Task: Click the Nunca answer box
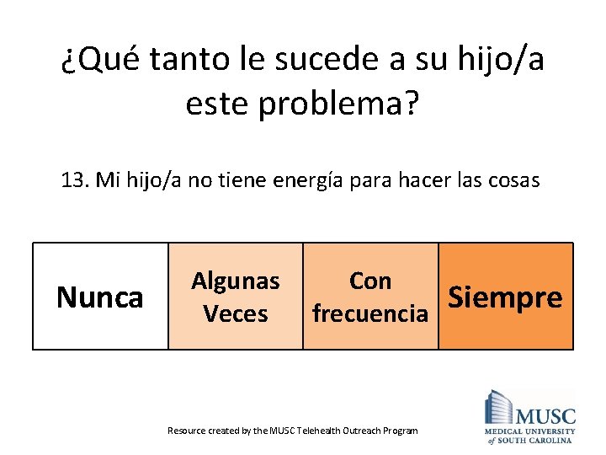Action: click(100, 296)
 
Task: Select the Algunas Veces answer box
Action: click(236, 296)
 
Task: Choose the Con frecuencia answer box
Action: click(370, 296)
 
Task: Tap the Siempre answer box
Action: click(505, 296)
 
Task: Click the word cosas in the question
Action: click(514, 180)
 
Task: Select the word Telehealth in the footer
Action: click(321, 431)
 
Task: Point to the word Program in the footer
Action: click(400, 431)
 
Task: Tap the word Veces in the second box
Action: click(236, 313)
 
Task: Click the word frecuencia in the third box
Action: click(370, 313)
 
